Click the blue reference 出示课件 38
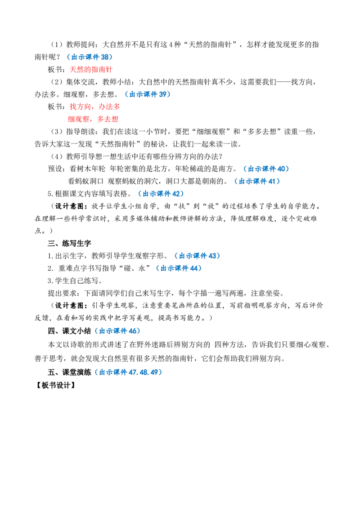click(x=90, y=57)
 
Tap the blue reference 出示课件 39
click(x=148, y=94)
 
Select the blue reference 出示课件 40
click(x=266, y=169)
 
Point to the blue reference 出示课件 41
click(x=257, y=181)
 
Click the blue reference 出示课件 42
click(x=161, y=194)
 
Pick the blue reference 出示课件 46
click(x=117, y=331)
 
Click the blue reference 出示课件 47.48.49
click(x=128, y=372)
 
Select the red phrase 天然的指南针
click(x=91, y=69)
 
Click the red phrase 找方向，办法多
click(x=95, y=107)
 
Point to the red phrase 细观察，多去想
click(x=93, y=119)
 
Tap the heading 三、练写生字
click(x=70, y=243)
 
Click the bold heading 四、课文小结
click(x=70, y=331)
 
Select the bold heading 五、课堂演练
click(x=70, y=372)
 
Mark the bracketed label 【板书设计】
click(x=55, y=385)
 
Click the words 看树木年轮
click(x=87, y=169)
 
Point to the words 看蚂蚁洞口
click(x=85, y=181)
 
